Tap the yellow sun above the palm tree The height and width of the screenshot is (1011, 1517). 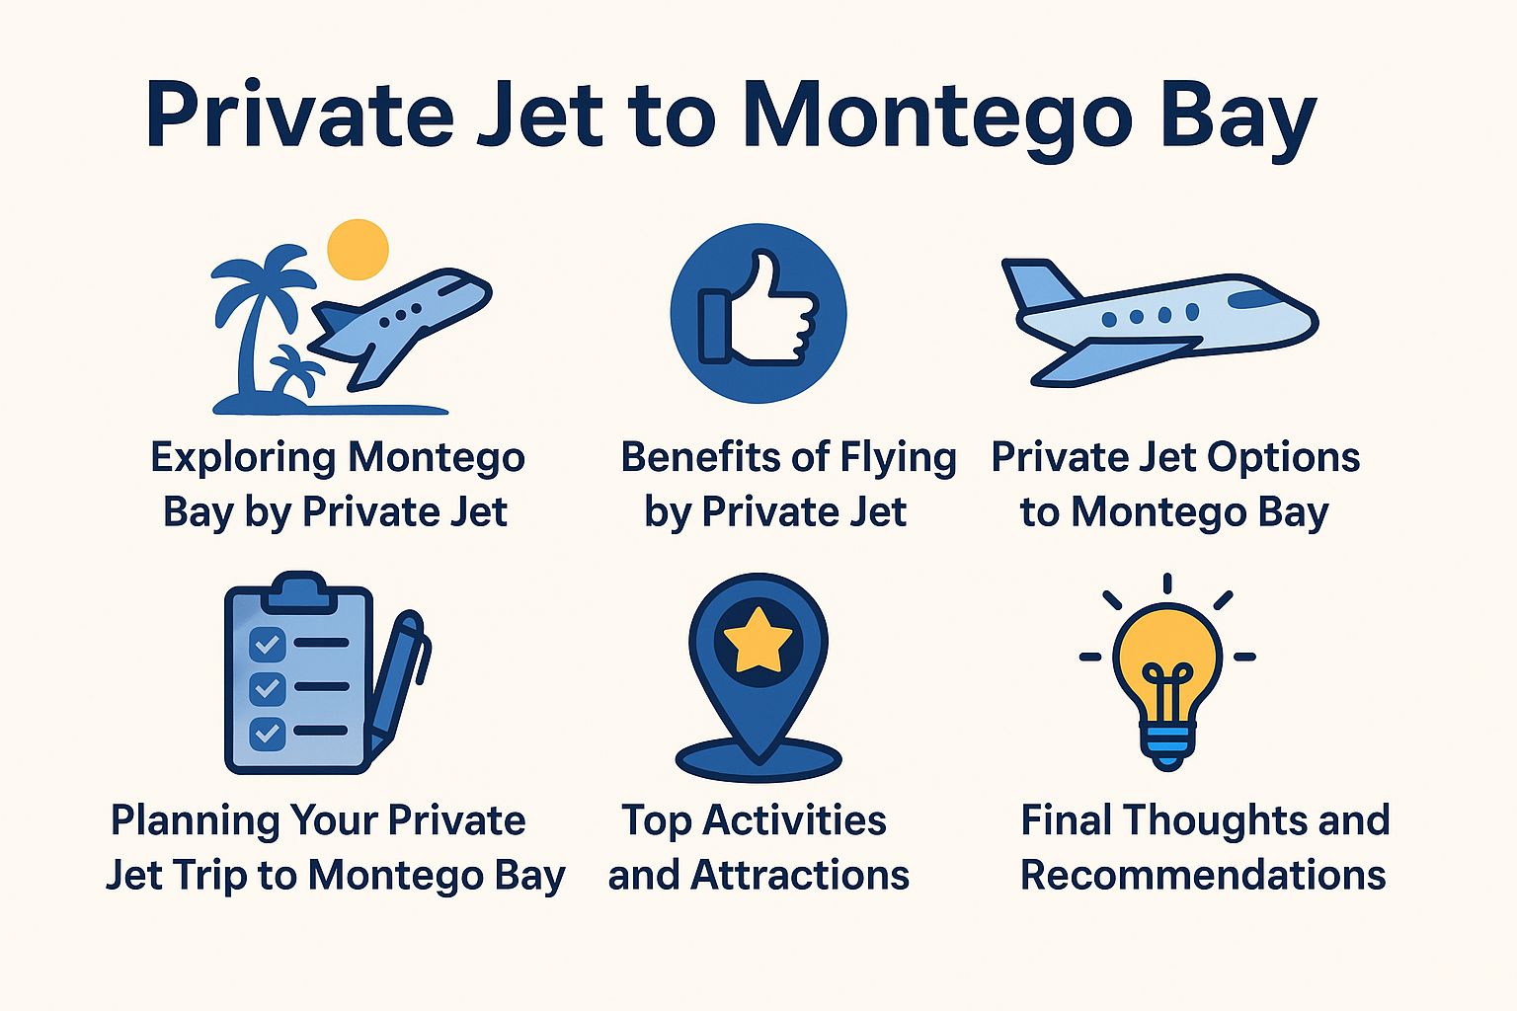pyautogui.click(x=358, y=250)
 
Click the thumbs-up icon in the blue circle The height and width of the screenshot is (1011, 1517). pyautogui.click(x=758, y=312)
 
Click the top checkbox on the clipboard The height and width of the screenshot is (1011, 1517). pyautogui.click(x=267, y=644)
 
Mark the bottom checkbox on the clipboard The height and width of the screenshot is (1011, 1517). pyautogui.click(x=267, y=733)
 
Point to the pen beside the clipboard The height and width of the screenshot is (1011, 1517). pyautogui.click(x=400, y=681)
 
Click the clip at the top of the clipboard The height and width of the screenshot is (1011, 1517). pyautogui.click(x=297, y=590)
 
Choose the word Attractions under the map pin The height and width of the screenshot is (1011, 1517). pyautogui.click(x=799, y=876)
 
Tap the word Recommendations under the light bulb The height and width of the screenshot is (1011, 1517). pyautogui.click(x=1203, y=876)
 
